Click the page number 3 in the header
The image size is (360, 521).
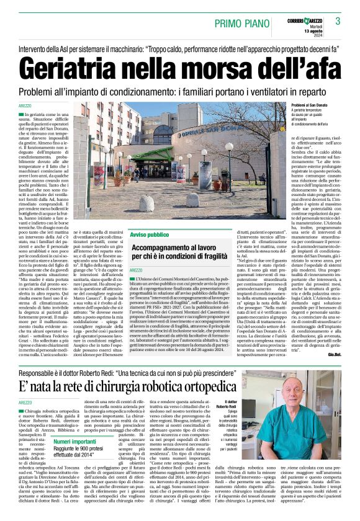(x=338, y=22)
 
